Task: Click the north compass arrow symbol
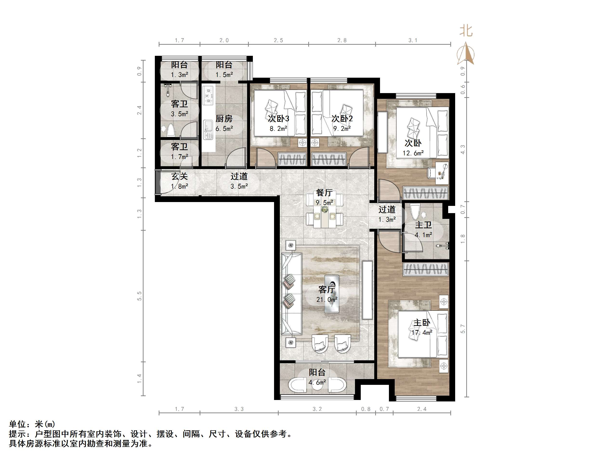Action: tap(466, 54)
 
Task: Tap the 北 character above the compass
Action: tap(466, 31)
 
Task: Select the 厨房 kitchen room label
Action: tap(224, 119)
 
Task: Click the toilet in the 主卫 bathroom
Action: tap(415, 212)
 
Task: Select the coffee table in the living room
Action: tap(332, 294)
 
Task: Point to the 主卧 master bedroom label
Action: tap(422, 323)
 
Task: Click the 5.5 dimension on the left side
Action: tap(139, 296)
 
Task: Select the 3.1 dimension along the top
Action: tap(413, 40)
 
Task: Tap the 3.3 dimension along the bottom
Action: tap(239, 409)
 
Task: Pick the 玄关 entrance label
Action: tap(179, 176)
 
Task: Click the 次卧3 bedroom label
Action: tap(279, 119)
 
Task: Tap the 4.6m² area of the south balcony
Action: tap(317, 383)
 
